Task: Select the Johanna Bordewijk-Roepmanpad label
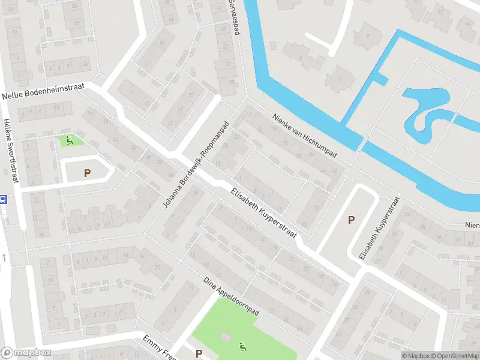196,164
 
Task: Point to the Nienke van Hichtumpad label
304,136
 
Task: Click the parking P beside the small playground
87,173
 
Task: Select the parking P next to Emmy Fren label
199,354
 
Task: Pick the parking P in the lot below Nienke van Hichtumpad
351,220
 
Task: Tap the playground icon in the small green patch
70,142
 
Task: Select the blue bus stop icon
3,199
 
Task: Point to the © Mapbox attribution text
415,356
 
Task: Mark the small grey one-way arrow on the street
4,257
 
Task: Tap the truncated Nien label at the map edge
472,225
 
